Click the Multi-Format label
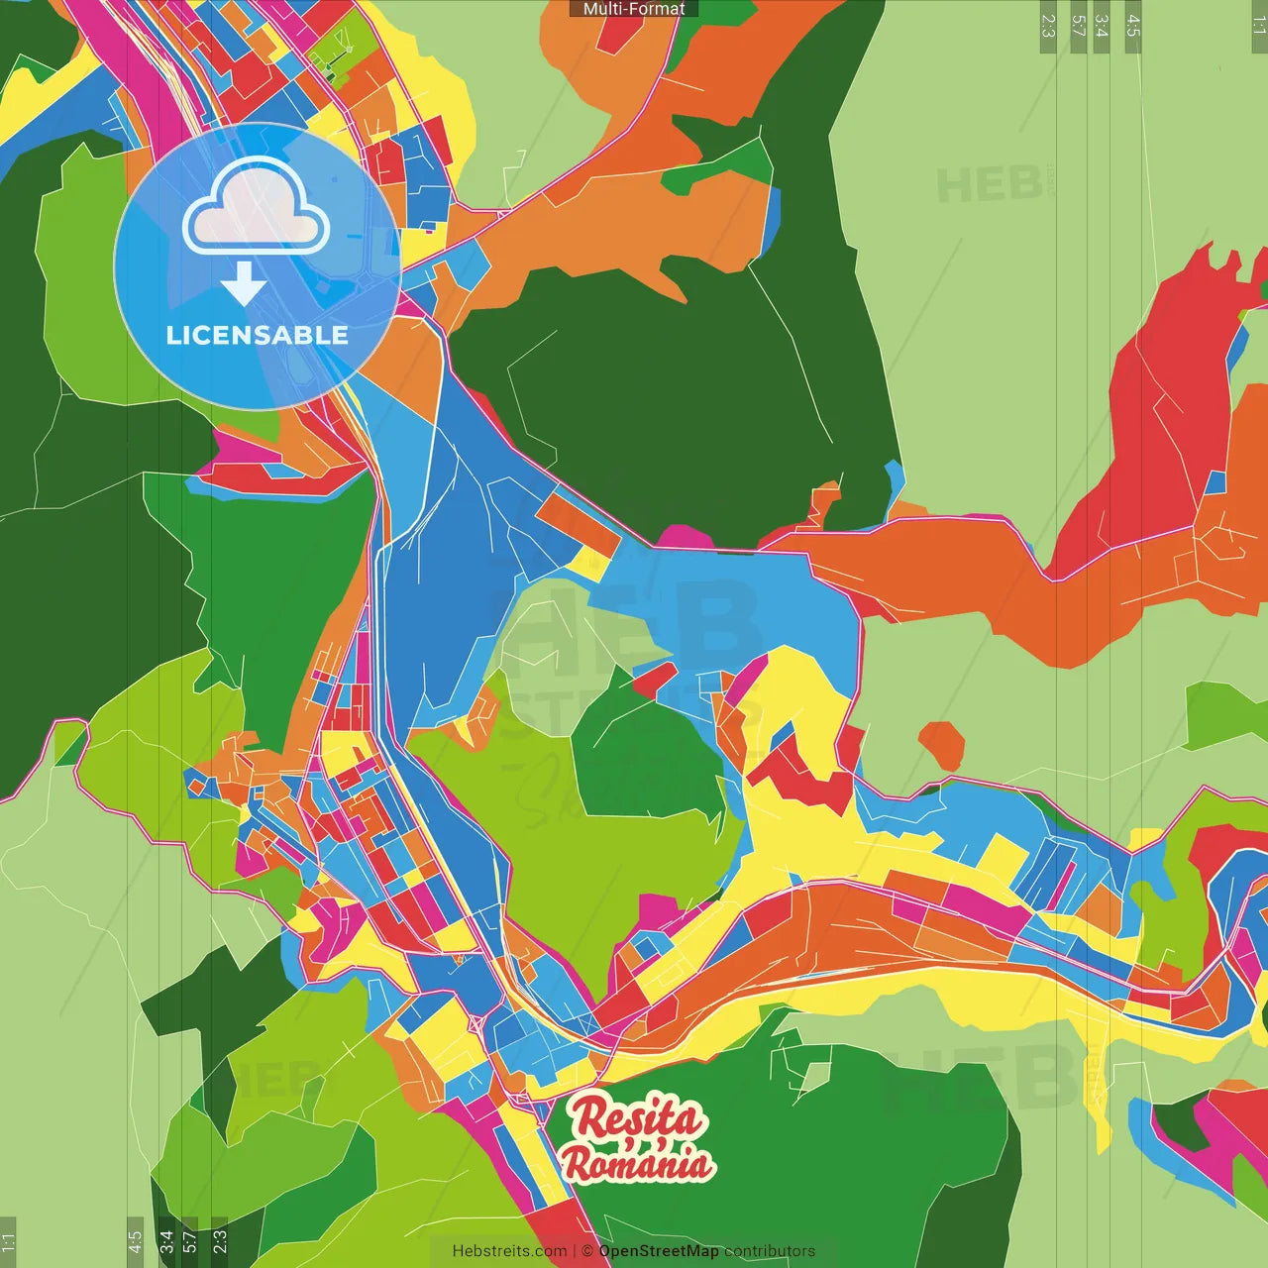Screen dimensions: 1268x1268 pyautogui.click(x=634, y=9)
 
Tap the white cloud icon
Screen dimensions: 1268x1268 pyautogui.click(x=257, y=209)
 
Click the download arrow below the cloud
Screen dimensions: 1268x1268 pyautogui.click(x=244, y=283)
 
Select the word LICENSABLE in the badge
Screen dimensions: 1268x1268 pyautogui.click(x=257, y=335)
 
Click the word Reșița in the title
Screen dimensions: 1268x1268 pyautogui.click(x=637, y=1118)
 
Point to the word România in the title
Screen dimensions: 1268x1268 pyautogui.click(x=637, y=1163)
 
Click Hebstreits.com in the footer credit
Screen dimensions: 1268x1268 pyautogui.click(x=509, y=1251)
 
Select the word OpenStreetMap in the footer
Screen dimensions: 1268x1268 pyautogui.click(x=658, y=1251)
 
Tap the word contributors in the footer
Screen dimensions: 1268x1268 pyautogui.click(x=770, y=1251)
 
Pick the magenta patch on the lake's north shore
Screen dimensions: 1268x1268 pyautogui.click(x=685, y=538)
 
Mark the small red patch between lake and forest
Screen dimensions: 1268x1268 pyautogui.click(x=654, y=680)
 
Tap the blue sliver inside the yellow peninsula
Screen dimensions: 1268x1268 pyautogui.click(x=782, y=734)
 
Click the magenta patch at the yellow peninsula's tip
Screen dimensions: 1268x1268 pyautogui.click(x=750, y=675)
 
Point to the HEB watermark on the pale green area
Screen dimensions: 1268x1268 pyautogui.click(x=991, y=185)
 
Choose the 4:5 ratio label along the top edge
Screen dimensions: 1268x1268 pyautogui.click(x=1133, y=26)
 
